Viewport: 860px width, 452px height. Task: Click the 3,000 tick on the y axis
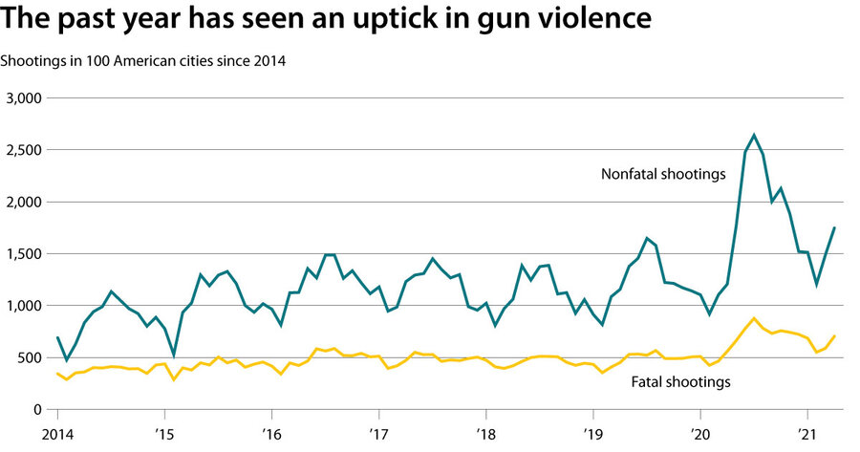26,98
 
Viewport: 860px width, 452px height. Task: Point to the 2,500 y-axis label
26,150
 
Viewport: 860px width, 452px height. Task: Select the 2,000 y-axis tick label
26,202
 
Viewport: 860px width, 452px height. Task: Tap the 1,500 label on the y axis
26,254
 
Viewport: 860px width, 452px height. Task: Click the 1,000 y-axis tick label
26,306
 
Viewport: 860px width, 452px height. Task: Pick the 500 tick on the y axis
33,357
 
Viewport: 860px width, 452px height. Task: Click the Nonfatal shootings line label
662,174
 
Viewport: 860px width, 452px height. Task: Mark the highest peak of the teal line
754,135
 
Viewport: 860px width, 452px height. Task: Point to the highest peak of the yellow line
754,318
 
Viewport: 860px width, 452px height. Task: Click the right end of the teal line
835,227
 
